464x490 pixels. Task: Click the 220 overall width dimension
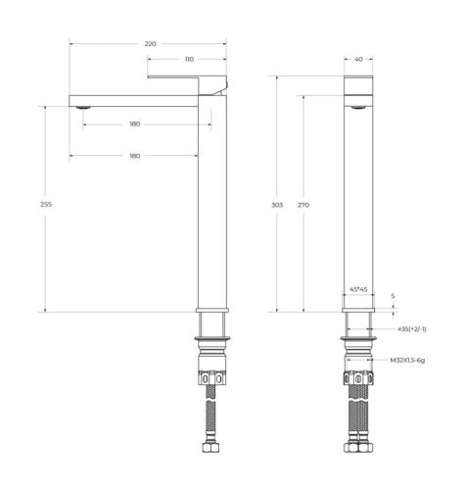(150, 44)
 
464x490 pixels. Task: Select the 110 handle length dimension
(187, 60)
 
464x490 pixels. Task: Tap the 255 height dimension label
(46, 205)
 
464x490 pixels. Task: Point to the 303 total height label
(277, 205)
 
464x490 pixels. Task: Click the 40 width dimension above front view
(358, 60)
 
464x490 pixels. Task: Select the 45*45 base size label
(358, 289)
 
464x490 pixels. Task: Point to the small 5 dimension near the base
(394, 295)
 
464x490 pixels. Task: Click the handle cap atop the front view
(358, 85)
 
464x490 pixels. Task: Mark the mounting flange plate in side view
(212, 339)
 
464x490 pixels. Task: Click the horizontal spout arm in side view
(137, 99)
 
